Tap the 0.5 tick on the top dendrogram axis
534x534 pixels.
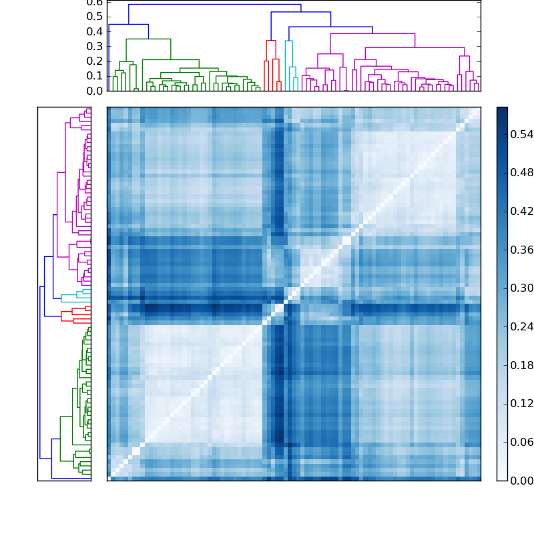[x=95, y=17]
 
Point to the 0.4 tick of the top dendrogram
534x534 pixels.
[x=95, y=31]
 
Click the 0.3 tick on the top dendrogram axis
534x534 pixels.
[x=95, y=46]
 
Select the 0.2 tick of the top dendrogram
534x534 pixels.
[x=95, y=61]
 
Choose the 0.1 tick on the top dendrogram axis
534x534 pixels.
[x=95, y=75]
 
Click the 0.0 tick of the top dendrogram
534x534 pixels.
[x=95, y=90]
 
